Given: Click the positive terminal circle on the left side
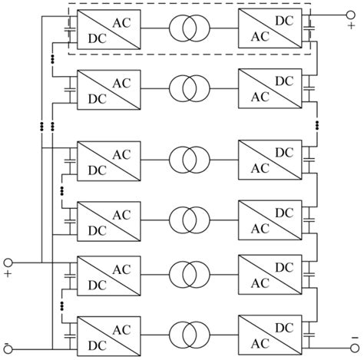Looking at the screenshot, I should coord(9,263).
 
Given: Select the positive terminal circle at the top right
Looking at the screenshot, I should coord(354,13).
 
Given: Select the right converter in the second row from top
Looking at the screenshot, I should coord(268,88).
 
